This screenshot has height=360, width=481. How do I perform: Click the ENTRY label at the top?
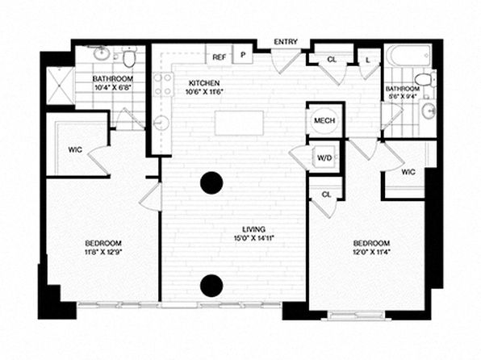[286, 42]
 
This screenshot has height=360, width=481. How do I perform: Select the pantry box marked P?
[243, 54]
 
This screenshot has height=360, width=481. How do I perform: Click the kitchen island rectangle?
[239, 123]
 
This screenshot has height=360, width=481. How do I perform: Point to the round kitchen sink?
[161, 123]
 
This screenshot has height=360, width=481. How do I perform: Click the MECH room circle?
[324, 120]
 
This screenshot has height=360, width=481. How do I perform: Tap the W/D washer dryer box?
[325, 157]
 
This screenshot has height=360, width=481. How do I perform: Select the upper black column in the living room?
[211, 183]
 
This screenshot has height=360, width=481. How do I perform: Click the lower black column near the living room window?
[211, 286]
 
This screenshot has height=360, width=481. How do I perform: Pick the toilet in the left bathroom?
[129, 57]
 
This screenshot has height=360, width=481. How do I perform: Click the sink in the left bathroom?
[101, 54]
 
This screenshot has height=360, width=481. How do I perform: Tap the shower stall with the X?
[60, 86]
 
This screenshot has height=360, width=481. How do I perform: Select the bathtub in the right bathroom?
[409, 56]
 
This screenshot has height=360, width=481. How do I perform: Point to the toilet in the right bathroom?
[425, 79]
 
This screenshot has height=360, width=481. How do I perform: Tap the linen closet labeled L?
[368, 61]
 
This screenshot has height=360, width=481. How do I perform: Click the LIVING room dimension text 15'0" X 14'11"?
[253, 237]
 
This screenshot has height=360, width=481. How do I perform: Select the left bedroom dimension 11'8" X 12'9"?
[103, 252]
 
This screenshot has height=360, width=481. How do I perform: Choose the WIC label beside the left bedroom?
[75, 150]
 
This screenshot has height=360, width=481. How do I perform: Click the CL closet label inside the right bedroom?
[326, 195]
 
